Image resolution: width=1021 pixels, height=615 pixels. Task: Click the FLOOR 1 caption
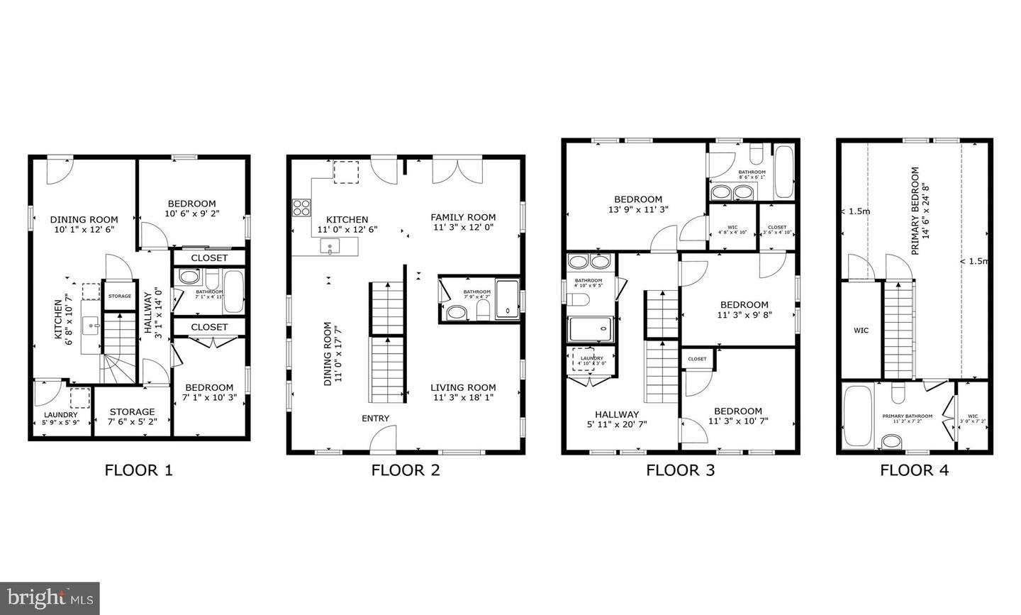click(139, 470)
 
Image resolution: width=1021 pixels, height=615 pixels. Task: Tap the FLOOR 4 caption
click(914, 470)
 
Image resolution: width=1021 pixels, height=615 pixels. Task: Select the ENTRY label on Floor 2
click(375, 419)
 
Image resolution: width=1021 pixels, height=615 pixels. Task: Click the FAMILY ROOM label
click(463, 218)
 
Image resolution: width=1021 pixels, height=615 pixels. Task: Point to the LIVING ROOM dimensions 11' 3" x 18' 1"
click(463, 397)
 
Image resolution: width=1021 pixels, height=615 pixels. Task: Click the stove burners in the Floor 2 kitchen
click(301, 207)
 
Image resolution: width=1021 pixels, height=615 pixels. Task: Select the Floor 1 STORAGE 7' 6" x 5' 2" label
click(132, 416)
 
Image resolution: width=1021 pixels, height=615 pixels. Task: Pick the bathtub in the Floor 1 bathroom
click(233, 292)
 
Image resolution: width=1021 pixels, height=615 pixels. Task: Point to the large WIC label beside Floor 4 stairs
click(861, 331)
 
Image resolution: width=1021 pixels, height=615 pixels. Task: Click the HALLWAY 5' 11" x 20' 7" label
click(617, 419)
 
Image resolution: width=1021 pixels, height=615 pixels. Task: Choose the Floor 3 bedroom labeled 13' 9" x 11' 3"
click(638, 204)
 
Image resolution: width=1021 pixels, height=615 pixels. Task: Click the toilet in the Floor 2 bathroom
click(484, 309)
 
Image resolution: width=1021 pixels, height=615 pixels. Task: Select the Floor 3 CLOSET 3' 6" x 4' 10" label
click(777, 230)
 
